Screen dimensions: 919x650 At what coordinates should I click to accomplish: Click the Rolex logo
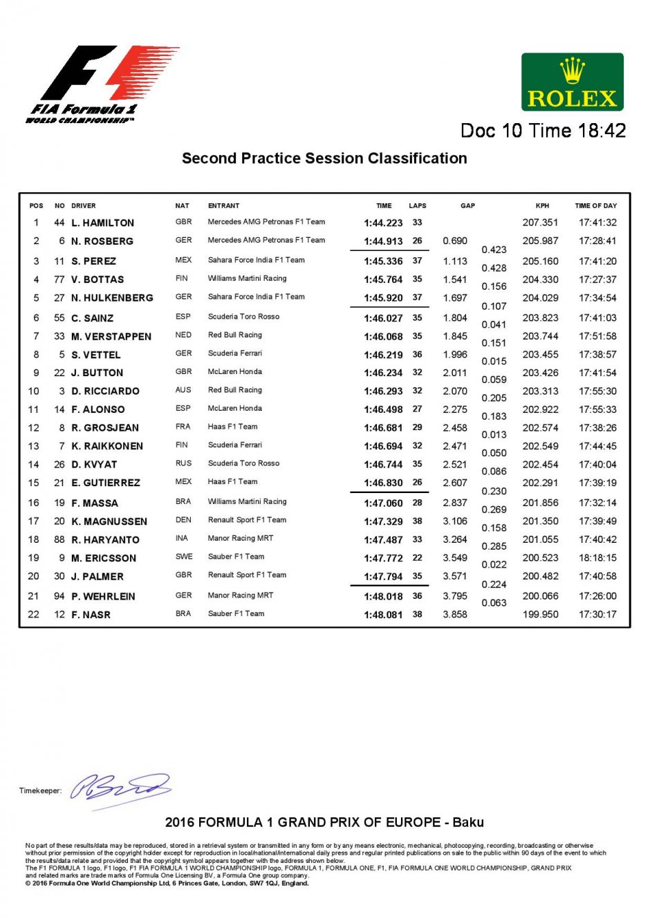click(x=572, y=82)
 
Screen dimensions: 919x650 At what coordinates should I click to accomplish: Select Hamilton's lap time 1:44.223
click(x=383, y=223)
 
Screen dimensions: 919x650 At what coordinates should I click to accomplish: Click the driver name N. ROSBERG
click(x=102, y=241)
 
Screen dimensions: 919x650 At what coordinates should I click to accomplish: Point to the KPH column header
click(x=542, y=205)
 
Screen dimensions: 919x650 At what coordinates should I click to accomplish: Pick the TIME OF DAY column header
click(x=595, y=205)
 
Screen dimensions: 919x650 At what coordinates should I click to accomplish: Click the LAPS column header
click(x=418, y=205)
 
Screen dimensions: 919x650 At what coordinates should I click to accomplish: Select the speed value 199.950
click(x=540, y=614)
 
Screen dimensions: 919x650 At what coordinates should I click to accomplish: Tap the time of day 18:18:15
click(x=597, y=558)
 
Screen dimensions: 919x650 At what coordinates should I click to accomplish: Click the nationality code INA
click(x=182, y=539)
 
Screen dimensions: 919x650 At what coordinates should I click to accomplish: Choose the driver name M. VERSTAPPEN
click(x=111, y=337)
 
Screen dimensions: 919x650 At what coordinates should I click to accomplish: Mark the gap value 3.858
click(x=455, y=614)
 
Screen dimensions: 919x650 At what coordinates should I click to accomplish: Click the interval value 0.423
click(x=494, y=250)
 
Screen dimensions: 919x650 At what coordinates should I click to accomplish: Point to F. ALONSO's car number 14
click(x=59, y=409)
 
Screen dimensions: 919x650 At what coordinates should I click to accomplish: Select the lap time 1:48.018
click(x=383, y=596)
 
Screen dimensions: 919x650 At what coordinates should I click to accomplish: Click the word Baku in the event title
click(x=468, y=822)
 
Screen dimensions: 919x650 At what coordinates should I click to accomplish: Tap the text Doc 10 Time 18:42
click(x=543, y=131)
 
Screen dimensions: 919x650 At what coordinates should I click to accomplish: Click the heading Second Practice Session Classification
click(x=324, y=158)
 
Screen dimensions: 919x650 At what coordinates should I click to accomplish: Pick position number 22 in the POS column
click(x=34, y=614)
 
